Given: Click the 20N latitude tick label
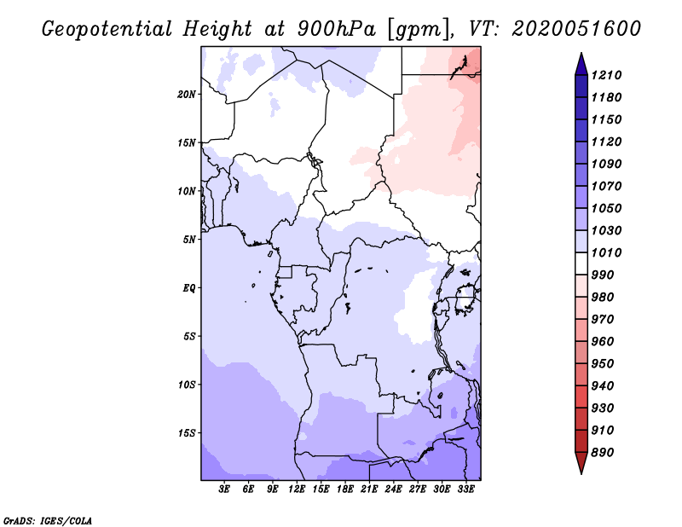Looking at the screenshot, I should click(187, 94).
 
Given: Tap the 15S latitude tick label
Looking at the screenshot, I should click(187, 433).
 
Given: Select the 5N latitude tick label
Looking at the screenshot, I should click(189, 240).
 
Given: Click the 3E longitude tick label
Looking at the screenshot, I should click(225, 489).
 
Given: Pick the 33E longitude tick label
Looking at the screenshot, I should click(466, 489).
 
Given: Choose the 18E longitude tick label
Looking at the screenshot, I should click(345, 489).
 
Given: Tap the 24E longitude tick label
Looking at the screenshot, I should click(394, 489).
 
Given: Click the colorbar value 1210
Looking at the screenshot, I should click(608, 76).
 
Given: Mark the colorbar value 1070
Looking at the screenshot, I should click(608, 187).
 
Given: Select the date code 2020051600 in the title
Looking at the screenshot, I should click(576, 29).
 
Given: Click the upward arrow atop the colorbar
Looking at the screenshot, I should click(581, 63).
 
